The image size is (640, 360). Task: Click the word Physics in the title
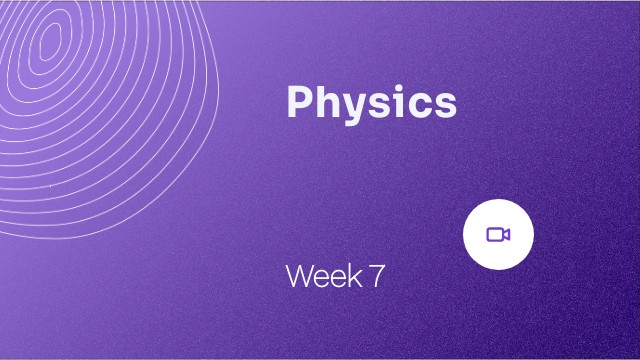point(371,103)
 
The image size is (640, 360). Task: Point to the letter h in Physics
point(326,102)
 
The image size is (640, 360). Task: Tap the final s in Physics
point(442,105)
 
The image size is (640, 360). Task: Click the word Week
point(323,277)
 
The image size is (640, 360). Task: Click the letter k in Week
point(355,277)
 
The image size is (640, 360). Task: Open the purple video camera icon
point(498,234)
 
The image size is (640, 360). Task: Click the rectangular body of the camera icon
point(494,234)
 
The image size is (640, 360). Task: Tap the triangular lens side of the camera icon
point(507,234)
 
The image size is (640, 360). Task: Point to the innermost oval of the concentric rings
point(47,41)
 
